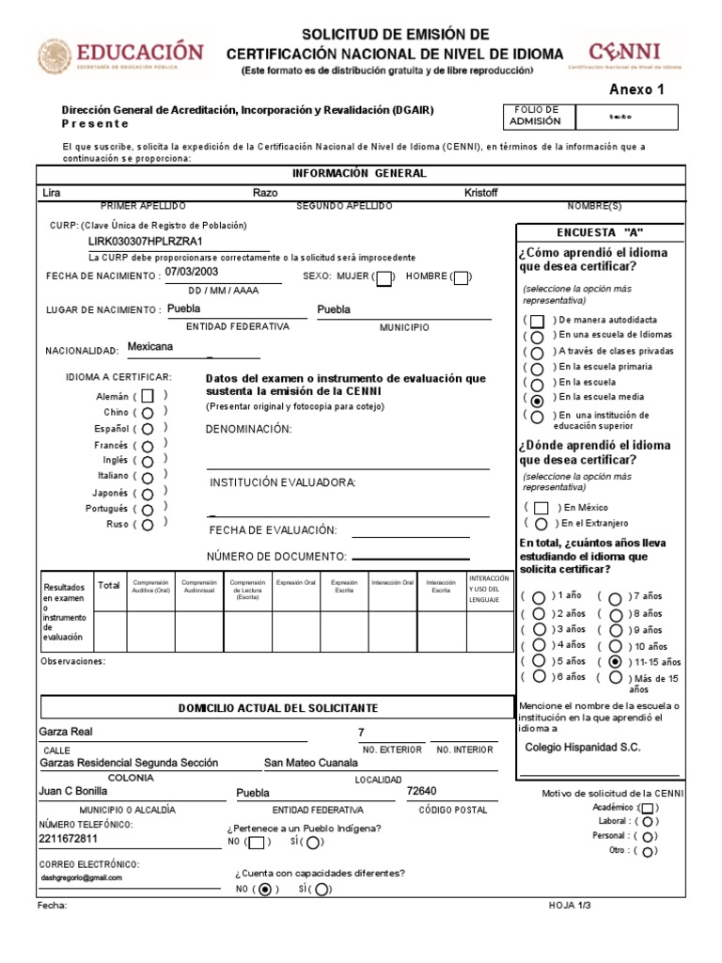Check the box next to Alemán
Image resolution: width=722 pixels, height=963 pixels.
[x=149, y=396]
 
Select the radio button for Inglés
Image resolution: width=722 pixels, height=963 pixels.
[x=148, y=461]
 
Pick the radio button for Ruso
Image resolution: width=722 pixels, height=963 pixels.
[x=148, y=525]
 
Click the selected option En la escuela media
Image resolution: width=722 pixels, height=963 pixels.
[x=537, y=399]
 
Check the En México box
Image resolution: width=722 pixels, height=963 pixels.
[x=541, y=508]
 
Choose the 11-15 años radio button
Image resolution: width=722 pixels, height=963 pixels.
[x=615, y=661]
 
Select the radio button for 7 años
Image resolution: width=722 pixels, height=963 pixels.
[x=615, y=597]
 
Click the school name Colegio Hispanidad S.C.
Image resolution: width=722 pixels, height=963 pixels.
[x=583, y=748]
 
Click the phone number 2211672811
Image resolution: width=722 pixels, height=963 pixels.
[x=68, y=839]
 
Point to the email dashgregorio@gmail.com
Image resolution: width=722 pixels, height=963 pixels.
[x=82, y=877]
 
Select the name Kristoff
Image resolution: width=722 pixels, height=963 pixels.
[x=481, y=192]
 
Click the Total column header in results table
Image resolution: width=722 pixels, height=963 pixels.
[x=109, y=585]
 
